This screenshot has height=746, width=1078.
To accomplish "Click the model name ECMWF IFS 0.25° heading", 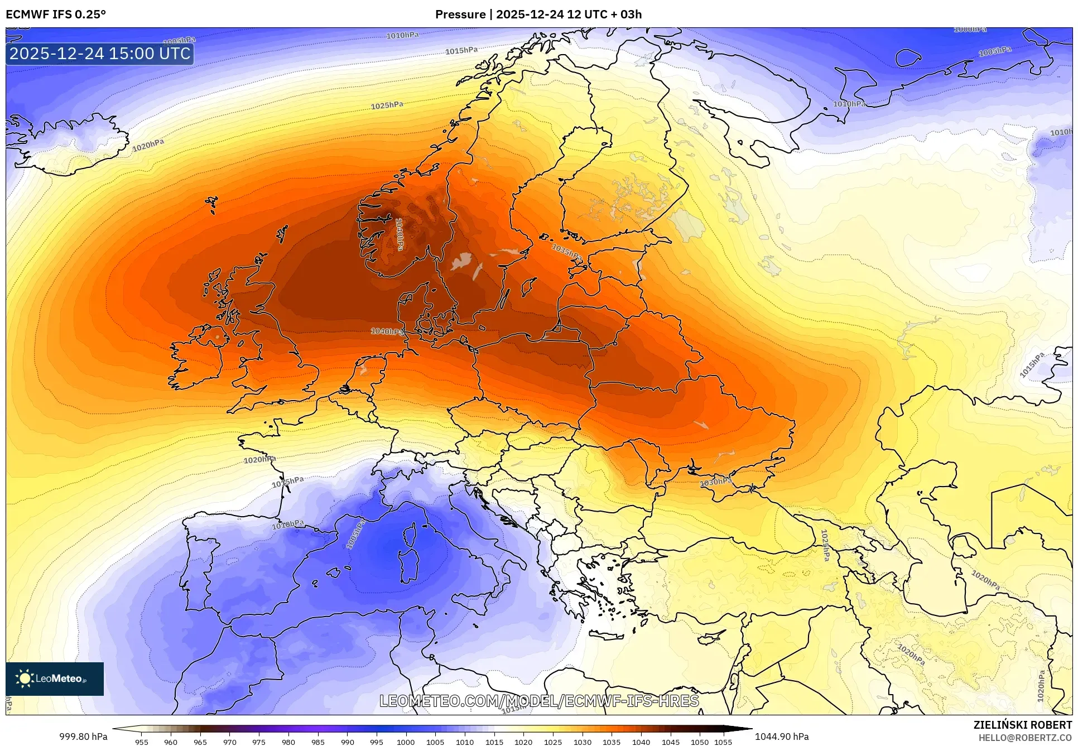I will coord(56,14).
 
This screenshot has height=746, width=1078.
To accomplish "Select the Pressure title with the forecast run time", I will coord(538,14).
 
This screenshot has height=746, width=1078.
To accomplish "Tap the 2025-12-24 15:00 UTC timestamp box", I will coord(100,54).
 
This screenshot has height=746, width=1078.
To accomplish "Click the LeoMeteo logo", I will coord(55,678).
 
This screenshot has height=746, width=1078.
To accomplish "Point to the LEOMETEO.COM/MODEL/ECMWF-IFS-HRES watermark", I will coord(539,701).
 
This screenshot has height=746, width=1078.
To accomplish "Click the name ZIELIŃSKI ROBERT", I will coord(1023,725).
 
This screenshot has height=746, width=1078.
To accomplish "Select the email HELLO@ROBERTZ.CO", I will coord(1025,737).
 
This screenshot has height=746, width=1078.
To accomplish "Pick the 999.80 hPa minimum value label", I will coord(84,737).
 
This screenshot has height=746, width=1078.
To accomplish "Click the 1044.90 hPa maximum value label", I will coord(782,737).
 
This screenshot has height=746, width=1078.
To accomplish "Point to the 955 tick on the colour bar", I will coord(142,742).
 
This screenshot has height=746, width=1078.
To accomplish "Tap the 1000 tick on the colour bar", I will coord(406,742).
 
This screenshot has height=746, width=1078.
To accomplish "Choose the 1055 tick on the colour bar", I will coord(723,742).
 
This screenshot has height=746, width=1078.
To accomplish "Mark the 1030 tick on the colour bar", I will coord(583,742).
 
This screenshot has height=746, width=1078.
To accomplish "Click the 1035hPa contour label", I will coord(567,252).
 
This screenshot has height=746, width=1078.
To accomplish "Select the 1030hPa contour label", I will coord(716,482).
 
